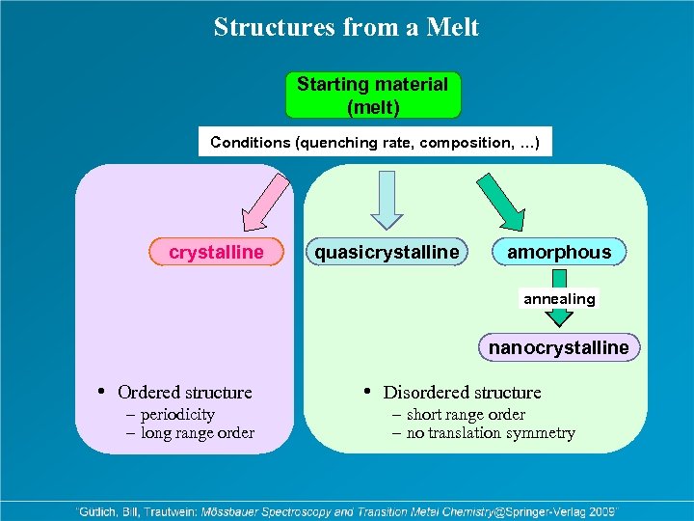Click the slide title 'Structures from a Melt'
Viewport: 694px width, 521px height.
pos(346,27)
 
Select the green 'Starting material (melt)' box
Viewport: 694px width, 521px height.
pos(373,96)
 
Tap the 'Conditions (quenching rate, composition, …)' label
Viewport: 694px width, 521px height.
pos(375,143)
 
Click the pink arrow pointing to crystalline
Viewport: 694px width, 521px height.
pos(254,204)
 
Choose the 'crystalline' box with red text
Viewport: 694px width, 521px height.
pos(217,252)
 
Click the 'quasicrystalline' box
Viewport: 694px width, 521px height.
pos(386,252)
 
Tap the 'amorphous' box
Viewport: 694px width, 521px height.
pos(559,252)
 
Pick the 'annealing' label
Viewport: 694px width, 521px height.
pos(559,299)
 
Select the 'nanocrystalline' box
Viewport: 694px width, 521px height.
pos(558,347)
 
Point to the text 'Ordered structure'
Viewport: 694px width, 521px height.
pos(184,393)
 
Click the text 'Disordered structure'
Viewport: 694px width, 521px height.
pos(462,393)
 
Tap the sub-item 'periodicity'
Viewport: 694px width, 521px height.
pos(177,415)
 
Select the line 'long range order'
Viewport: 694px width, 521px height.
pos(197,433)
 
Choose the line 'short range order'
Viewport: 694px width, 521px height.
pos(465,415)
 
